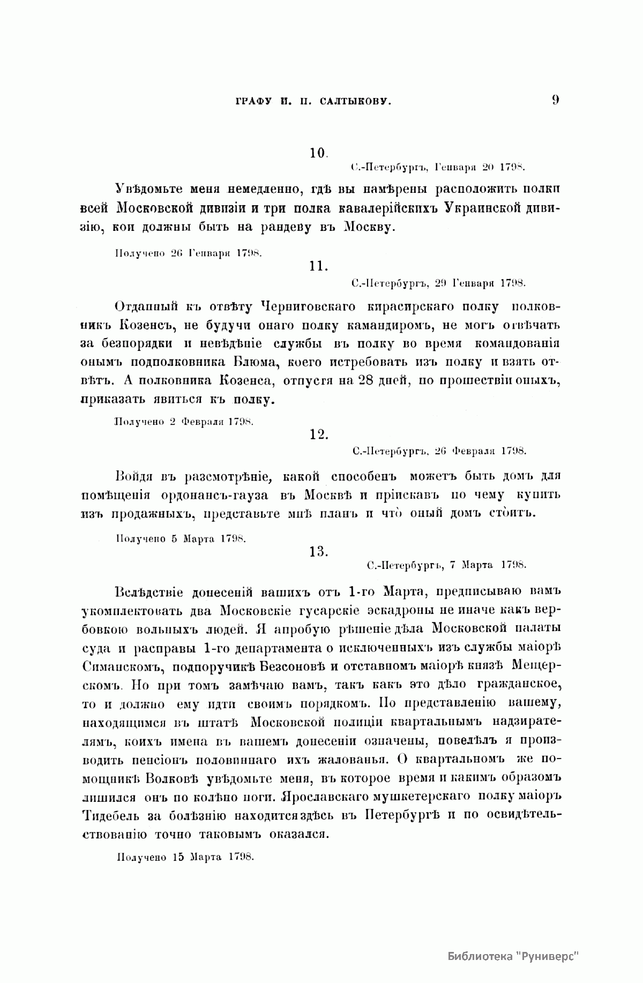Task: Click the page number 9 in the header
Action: click(555, 100)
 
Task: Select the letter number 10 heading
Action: click(319, 153)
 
